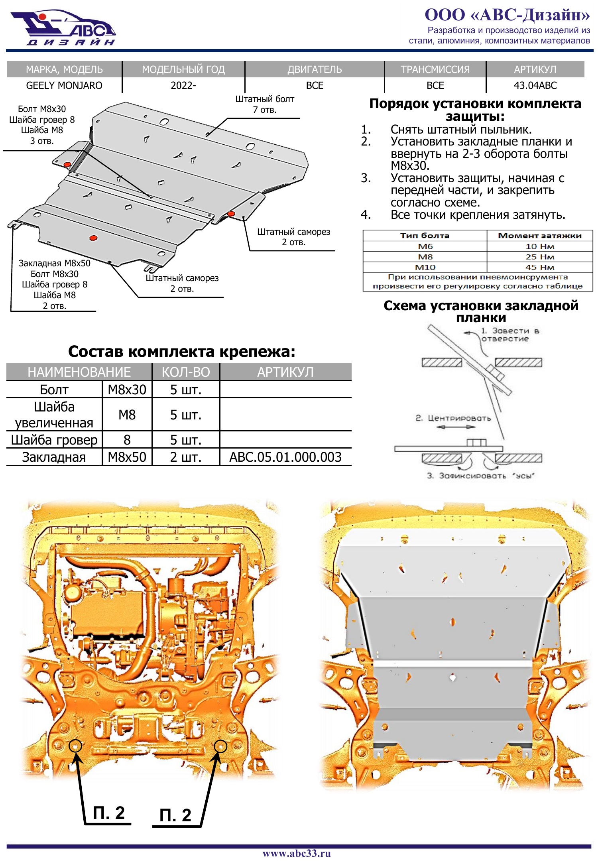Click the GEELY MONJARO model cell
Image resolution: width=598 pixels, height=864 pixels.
coord(64,85)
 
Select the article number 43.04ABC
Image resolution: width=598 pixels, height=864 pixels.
coord(535,85)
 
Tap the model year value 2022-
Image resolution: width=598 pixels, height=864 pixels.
coord(183,85)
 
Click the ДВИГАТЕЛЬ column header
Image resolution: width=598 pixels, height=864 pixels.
coord(315,69)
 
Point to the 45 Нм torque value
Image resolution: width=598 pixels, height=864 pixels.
coord(540,267)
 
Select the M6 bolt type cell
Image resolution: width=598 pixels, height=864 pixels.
coord(425,246)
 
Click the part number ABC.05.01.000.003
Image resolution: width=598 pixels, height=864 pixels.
coord(285,457)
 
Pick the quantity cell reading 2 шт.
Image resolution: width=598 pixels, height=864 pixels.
coord(186,457)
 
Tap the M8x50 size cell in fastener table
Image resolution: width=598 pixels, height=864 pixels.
coord(127,457)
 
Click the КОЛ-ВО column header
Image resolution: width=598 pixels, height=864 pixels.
coord(186,372)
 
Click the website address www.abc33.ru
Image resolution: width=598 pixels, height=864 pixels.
coord(297,853)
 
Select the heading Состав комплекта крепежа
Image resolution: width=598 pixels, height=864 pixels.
coord(182,352)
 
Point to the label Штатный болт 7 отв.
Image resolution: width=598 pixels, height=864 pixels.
coord(265,104)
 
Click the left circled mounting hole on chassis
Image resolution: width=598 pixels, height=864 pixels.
coord(75,745)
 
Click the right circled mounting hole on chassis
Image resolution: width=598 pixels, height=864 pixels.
coord(220,746)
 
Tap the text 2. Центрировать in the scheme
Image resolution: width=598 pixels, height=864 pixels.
coord(453,418)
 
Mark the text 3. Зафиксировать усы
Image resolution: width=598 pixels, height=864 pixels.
coord(480,476)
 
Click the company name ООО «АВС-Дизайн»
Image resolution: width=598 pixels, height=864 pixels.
coord(507,15)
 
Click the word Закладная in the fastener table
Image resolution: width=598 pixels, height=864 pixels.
coord(54,457)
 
